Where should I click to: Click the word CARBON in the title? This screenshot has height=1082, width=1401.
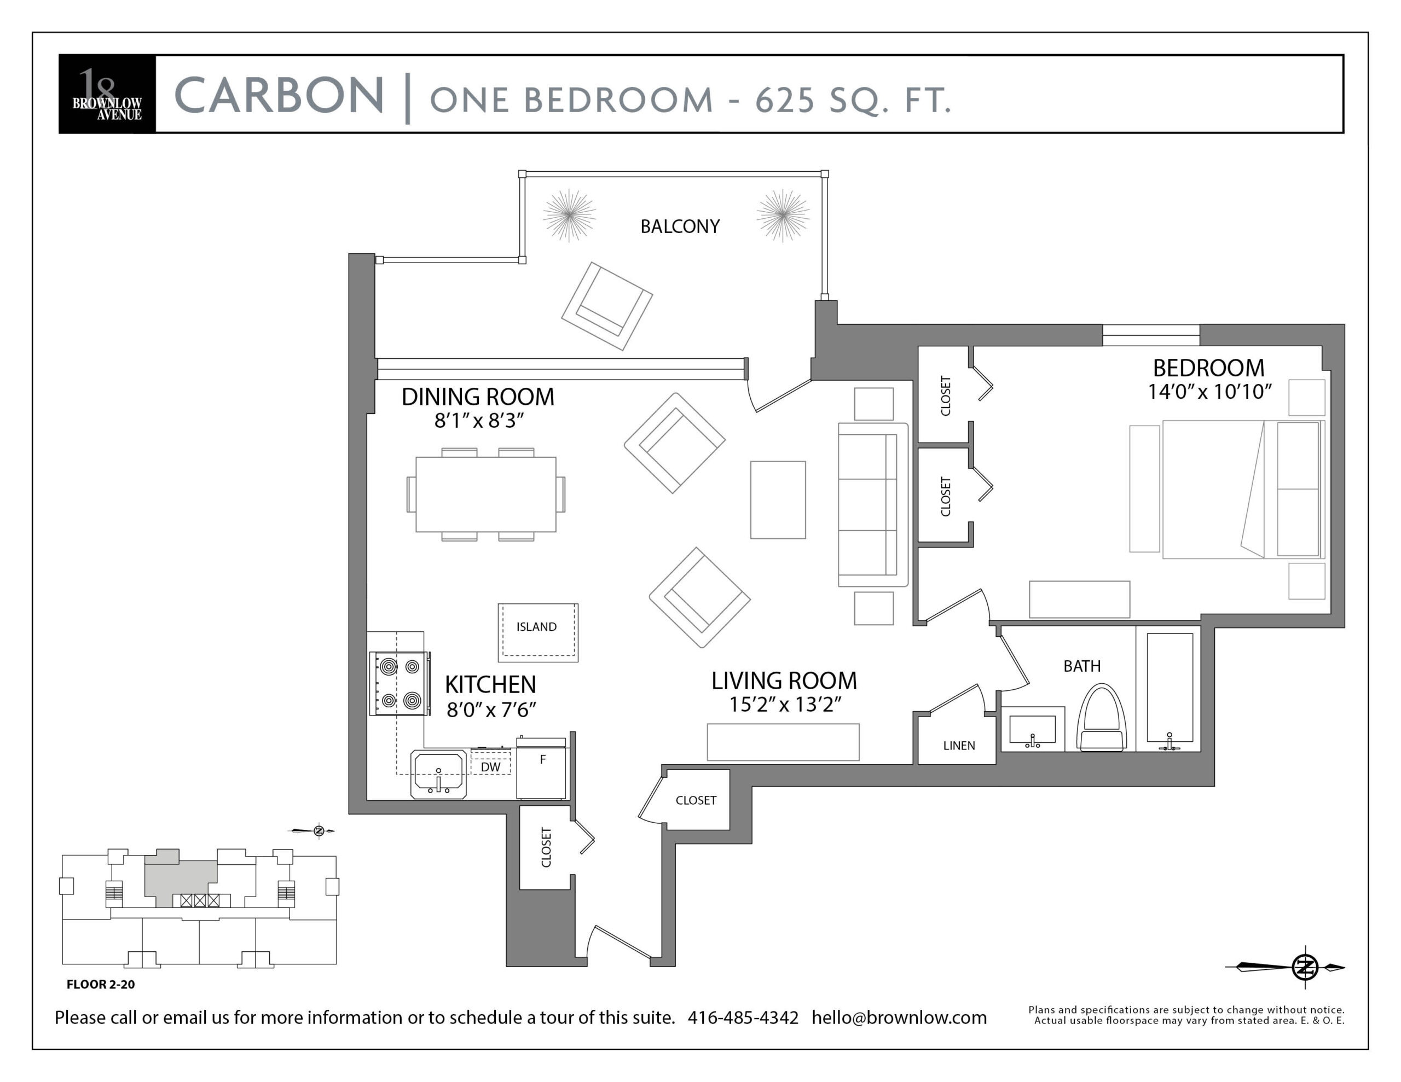[x=279, y=96]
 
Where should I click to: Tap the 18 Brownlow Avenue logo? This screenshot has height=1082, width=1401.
[x=107, y=94]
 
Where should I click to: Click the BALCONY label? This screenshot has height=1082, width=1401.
[x=680, y=226]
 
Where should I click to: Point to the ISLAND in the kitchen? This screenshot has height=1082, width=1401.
[x=538, y=632]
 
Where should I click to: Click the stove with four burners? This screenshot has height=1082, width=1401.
[x=400, y=683]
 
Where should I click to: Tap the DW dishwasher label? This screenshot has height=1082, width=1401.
[x=491, y=767]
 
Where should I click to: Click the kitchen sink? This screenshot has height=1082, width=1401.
[x=439, y=774]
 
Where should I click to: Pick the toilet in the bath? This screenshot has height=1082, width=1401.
[x=1102, y=718]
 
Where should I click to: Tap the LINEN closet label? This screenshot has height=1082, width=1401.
[x=959, y=745]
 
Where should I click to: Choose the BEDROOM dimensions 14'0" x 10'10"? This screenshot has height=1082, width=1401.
[x=1209, y=391]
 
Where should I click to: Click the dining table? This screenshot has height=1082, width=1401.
[x=485, y=495]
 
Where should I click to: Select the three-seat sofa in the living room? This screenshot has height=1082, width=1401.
[x=873, y=505]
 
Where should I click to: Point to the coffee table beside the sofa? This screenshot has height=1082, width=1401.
[x=778, y=499]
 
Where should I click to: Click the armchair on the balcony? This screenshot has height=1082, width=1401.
[x=607, y=306]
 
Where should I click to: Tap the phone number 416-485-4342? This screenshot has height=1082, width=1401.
[x=743, y=1017]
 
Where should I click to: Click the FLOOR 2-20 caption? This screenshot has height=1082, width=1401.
[x=101, y=984]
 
